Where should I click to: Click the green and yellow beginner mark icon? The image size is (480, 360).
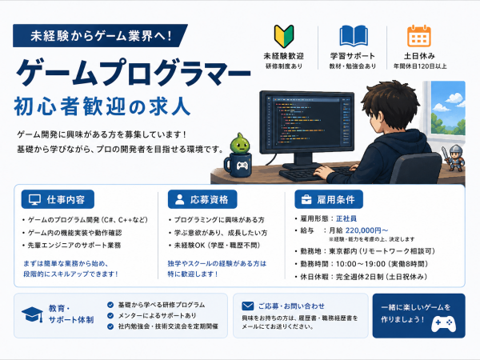[x=284, y=36]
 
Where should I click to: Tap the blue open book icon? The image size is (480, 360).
[x=354, y=36]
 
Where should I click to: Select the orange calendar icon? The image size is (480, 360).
[x=418, y=36]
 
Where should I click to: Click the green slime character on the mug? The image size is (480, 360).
[x=240, y=143]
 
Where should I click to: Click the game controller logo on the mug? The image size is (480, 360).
[x=242, y=166]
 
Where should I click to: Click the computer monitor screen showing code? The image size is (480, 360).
[x=306, y=122]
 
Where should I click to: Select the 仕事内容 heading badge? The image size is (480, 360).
[x=58, y=199]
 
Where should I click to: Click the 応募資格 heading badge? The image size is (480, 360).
[x=202, y=199]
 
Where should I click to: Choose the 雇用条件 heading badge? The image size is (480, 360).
[x=329, y=199]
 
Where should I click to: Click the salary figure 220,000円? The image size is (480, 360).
[x=363, y=230]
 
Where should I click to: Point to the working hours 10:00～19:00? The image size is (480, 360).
[x=360, y=264]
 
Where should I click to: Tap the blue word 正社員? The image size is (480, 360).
[x=346, y=218]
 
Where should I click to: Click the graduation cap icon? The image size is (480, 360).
[x=33, y=314]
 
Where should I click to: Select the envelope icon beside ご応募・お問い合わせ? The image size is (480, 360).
[x=248, y=306]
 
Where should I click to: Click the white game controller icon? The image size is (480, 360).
[x=443, y=323]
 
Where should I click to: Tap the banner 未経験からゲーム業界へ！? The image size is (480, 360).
[x=101, y=36]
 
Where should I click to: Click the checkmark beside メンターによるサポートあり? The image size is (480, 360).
[x=110, y=316]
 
